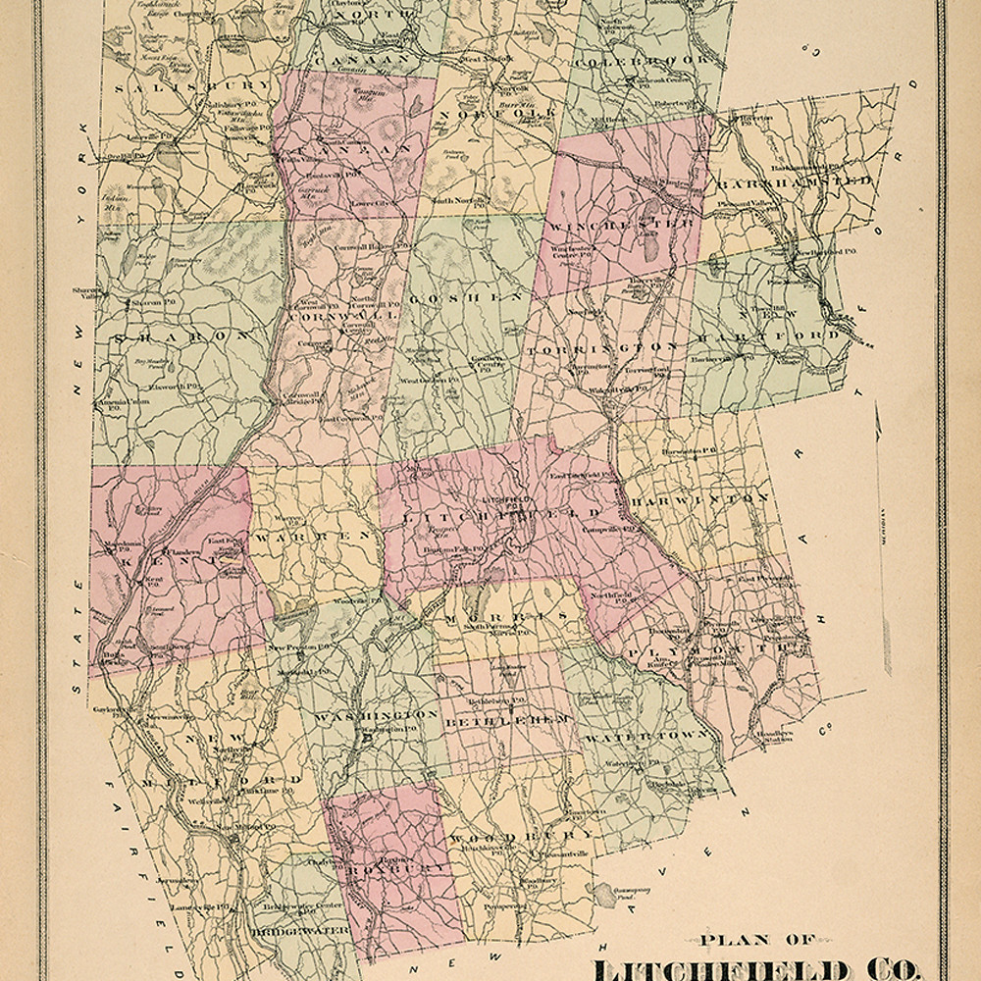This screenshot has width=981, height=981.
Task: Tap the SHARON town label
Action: point(181,336)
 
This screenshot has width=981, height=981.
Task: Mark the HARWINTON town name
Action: point(699,499)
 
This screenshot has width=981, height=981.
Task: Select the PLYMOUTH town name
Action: point(721,648)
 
